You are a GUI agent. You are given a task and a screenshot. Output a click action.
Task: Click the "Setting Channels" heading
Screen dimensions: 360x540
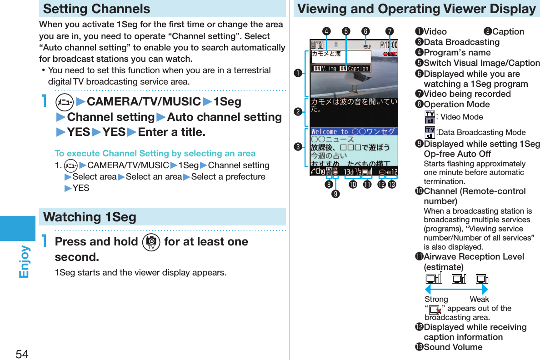coord(96,9)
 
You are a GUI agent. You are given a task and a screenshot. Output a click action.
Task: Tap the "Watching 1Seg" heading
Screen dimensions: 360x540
coord(90,217)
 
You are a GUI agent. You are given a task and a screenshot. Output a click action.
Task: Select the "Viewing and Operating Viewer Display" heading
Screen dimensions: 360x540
coord(416,9)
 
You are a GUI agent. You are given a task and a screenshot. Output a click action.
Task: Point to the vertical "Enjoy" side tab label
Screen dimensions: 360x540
coord(24,262)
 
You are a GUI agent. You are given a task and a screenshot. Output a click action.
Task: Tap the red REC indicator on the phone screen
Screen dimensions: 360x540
coord(390,55)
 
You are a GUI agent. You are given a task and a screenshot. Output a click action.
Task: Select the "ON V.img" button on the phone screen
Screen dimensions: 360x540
coord(325,69)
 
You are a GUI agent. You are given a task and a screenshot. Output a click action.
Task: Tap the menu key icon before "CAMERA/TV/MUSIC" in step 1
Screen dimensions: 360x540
coord(64,102)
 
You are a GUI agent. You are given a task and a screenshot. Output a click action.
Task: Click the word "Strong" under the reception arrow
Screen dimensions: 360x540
coord(436,299)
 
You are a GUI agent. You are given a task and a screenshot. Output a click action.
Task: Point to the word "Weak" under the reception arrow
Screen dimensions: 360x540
coord(479,299)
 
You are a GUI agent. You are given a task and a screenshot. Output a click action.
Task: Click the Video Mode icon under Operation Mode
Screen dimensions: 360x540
coord(429,117)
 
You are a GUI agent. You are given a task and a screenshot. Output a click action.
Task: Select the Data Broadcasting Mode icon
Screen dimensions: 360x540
coord(429,132)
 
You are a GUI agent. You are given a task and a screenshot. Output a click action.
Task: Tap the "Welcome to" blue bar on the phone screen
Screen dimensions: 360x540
coord(354,131)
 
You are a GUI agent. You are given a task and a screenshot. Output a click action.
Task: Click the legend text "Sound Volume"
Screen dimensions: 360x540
coord(453,347)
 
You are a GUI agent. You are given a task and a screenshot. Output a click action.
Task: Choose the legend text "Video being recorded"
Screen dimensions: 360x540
coord(467,94)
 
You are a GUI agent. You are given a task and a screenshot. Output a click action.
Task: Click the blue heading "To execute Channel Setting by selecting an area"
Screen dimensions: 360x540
coord(155,154)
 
